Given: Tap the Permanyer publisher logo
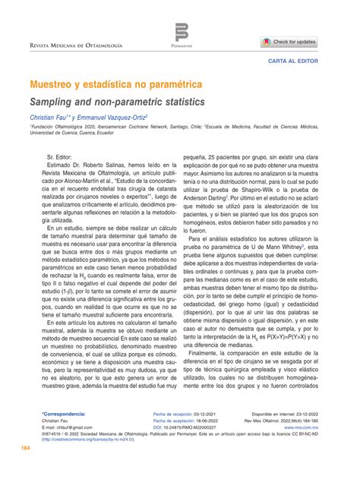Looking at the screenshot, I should [181, 35].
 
